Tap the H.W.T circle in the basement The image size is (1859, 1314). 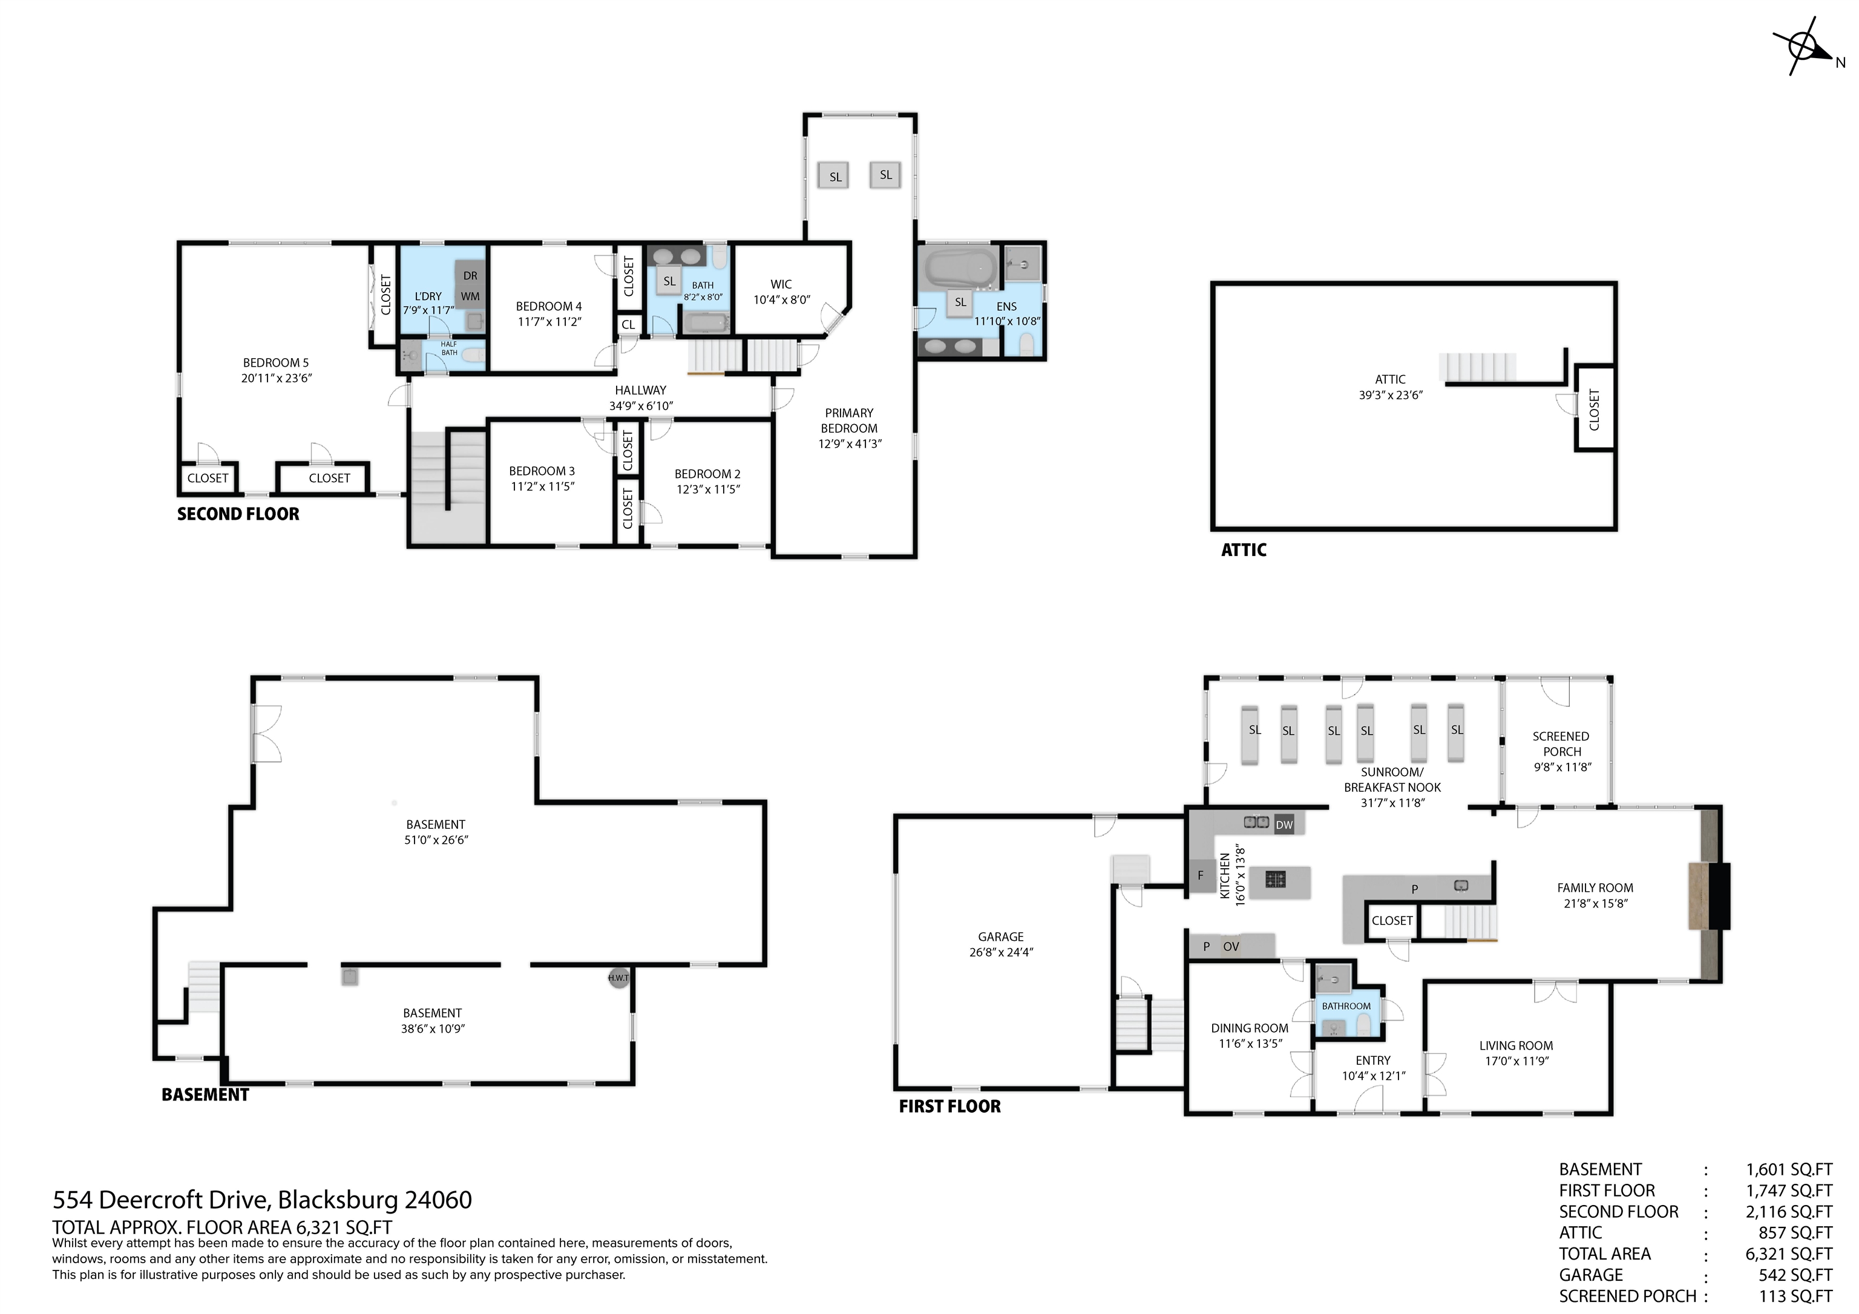click(618, 978)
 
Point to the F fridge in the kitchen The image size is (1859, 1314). click(1201, 875)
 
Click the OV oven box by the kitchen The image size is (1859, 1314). click(1231, 946)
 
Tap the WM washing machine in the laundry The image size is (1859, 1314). click(470, 296)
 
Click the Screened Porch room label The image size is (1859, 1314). click(1560, 744)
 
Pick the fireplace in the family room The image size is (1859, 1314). click(1708, 895)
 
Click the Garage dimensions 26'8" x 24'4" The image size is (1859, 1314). click(1001, 952)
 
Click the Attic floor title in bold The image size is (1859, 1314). click(1243, 550)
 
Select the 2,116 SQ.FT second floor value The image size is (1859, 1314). click(1789, 1212)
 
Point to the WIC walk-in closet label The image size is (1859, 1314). click(781, 284)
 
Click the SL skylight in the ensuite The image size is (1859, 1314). click(960, 302)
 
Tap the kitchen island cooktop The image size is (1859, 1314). click(1275, 878)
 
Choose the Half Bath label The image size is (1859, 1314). click(448, 348)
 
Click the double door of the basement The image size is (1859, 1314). click(266, 733)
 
